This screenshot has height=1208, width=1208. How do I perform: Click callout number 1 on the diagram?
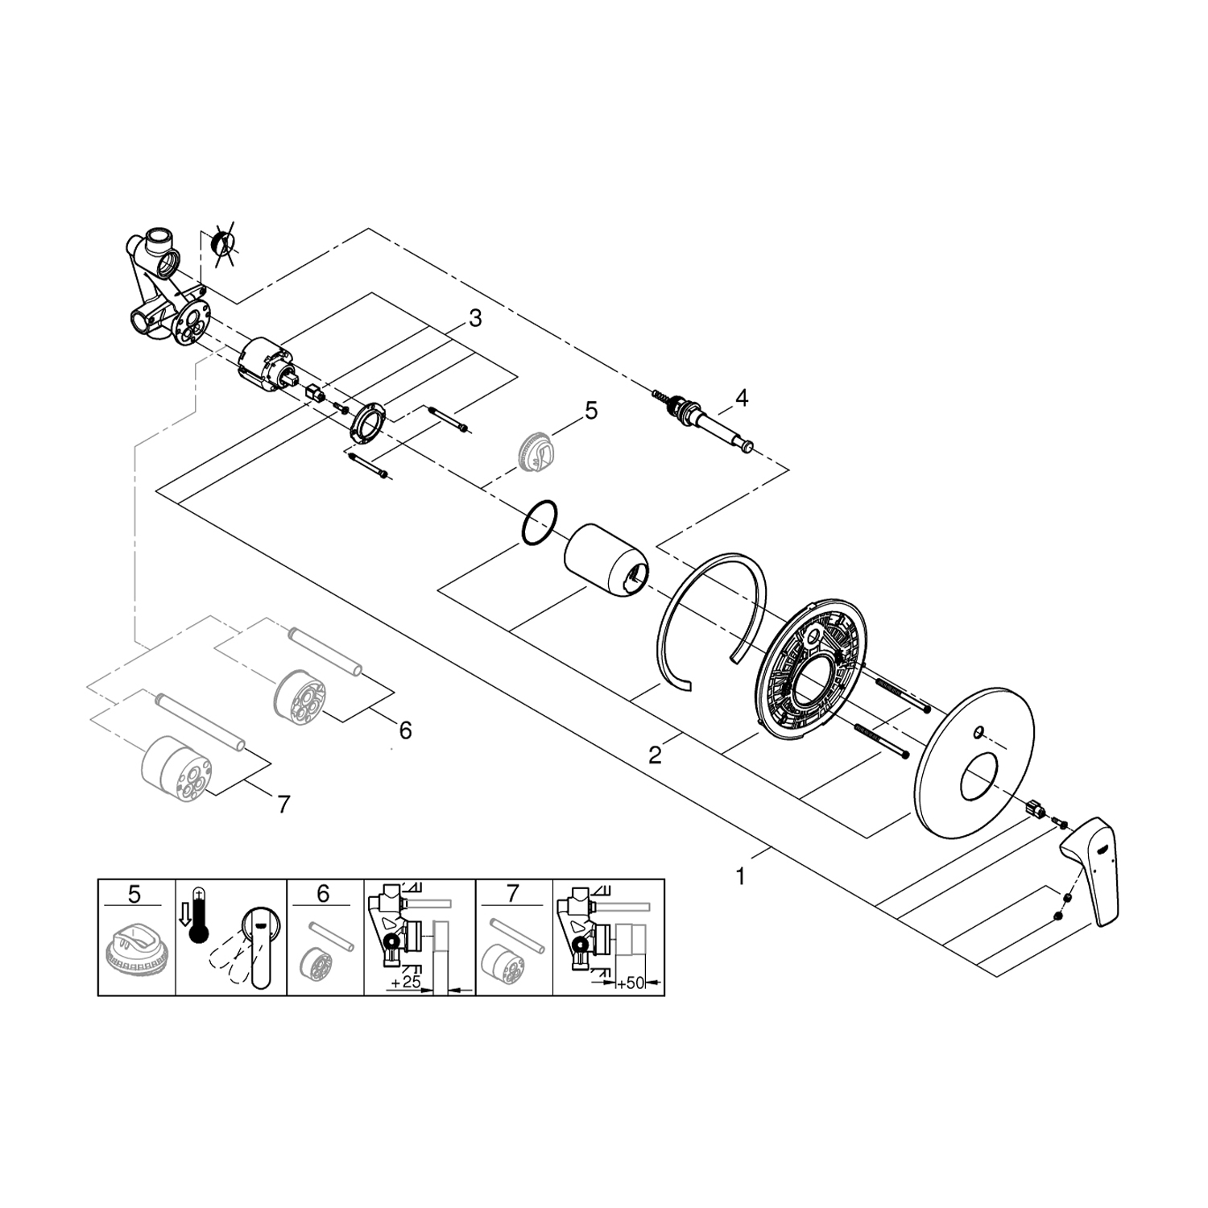[x=741, y=876]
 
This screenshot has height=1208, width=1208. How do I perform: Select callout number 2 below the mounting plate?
[x=655, y=755]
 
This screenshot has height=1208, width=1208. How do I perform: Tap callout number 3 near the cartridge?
[x=475, y=319]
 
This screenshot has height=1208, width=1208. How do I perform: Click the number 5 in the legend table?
[x=134, y=894]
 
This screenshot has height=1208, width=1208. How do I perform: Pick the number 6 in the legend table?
[x=323, y=894]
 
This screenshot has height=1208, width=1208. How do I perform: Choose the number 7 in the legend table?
[x=513, y=894]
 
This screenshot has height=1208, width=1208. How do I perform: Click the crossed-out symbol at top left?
[x=222, y=243]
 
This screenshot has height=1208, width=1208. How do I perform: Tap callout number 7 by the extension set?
[x=283, y=803]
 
